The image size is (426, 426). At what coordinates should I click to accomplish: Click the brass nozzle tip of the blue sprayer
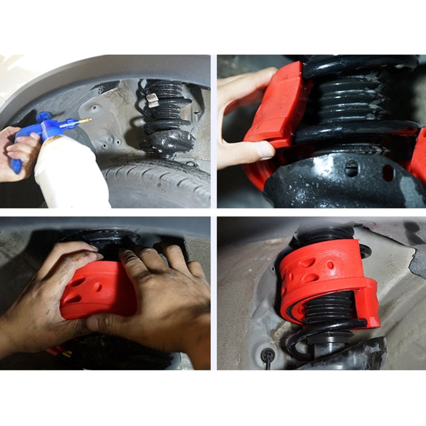[87, 120]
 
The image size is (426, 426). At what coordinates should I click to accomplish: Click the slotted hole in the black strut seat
[352, 168]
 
